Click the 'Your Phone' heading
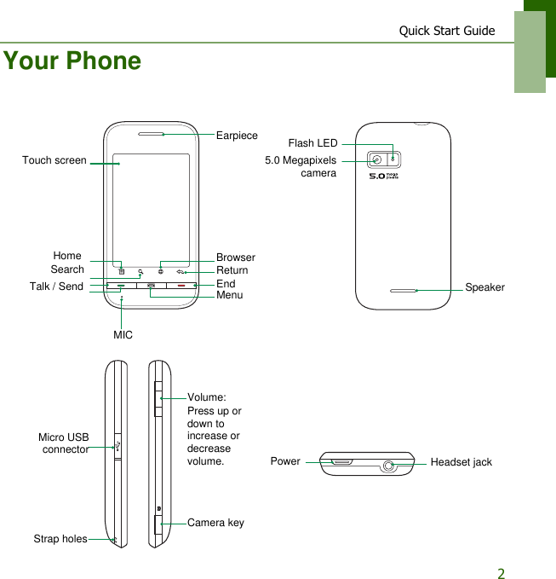72,61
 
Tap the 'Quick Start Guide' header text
447,31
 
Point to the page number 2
502,573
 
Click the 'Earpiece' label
237,136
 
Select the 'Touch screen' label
54,160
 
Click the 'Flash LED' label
312,143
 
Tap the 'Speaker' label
484,287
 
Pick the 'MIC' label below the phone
123,335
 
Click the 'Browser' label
236,258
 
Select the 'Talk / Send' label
56,287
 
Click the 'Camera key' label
215,523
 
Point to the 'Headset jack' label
461,462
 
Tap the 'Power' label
285,461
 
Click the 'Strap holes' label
60,539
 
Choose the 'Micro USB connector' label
64,443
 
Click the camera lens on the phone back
376,159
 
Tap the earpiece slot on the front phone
150,134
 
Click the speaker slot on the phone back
404,290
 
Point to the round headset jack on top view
390,466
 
